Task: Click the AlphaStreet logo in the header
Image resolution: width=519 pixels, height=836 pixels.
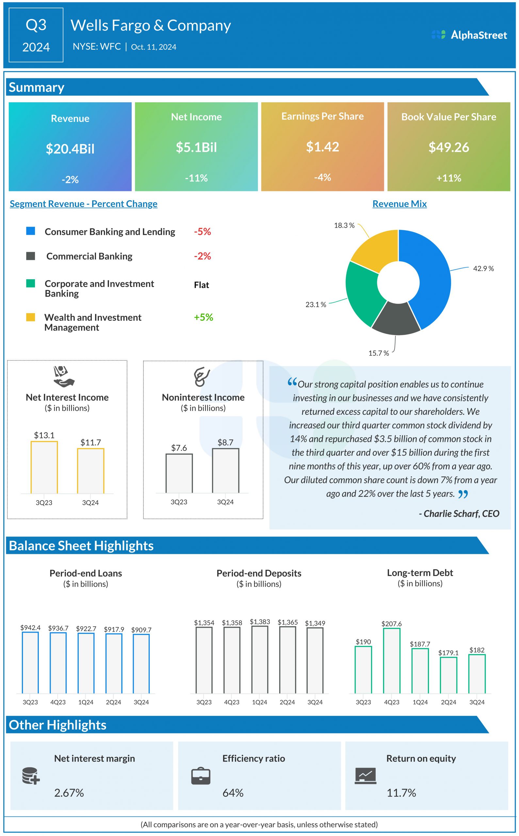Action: coord(469,35)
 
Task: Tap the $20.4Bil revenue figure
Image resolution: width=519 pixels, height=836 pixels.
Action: coord(70,149)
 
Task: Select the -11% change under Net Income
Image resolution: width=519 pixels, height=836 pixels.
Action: coord(196,178)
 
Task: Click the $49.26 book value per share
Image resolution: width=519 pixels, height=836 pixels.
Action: coord(449,147)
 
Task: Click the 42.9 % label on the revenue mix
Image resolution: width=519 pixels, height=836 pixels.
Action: coord(483,268)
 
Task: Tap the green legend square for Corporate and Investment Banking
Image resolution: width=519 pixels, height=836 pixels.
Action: coord(31,283)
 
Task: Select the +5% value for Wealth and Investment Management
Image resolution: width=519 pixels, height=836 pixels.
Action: coord(203,317)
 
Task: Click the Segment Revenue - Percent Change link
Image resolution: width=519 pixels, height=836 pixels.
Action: coord(83,204)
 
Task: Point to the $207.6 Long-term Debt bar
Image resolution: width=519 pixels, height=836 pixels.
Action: coord(392,661)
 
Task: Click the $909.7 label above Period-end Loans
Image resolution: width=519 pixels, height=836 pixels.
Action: coord(141,630)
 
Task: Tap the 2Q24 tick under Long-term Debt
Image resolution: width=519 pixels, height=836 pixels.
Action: coord(448,702)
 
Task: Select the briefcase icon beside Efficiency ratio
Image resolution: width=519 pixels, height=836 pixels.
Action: coord(201,776)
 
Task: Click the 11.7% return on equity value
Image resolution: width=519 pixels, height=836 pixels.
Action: coord(401,793)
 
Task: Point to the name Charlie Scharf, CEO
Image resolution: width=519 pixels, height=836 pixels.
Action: coord(459,513)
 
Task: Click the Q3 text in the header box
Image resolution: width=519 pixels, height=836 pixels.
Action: coord(36,25)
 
